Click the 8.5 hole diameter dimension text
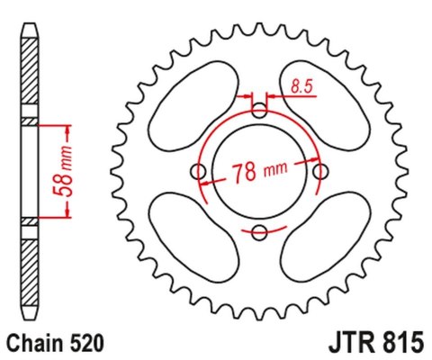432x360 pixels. tap(301, 86)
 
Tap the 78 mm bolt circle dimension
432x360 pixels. tap(260, 172)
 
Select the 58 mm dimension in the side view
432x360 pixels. tap(63, 171)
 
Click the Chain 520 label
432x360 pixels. tap(56, 343)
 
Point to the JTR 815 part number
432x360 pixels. tap(376, 343)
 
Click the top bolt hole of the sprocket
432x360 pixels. tap(259, 110)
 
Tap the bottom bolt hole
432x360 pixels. tap(259, 232)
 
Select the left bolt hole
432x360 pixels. tap(198, 172)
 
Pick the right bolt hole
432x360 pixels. tap(320, 172)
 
